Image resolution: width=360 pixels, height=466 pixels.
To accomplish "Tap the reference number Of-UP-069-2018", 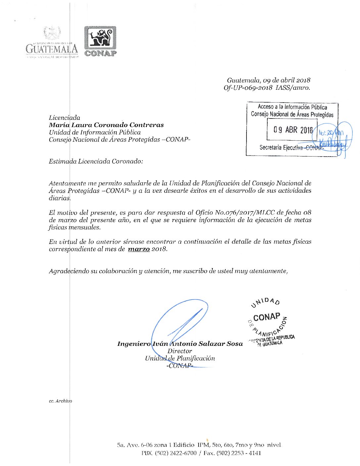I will [x=248, y=88].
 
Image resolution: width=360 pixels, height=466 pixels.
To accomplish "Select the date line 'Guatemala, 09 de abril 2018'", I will [x=268, y=80].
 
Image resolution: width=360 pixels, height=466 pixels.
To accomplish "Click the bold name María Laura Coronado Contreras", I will [x=106, y=125].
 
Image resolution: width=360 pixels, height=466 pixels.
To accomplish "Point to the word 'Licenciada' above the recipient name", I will [x=65, y=117].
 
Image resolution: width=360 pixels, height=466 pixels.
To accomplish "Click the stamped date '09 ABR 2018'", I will [x=293, y=130].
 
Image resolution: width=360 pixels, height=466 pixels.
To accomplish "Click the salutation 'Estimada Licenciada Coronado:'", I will [x=96, y=162].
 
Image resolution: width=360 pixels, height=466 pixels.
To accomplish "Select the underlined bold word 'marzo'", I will [x=139, y=249].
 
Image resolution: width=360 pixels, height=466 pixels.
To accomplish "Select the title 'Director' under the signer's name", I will [x=180, y=351].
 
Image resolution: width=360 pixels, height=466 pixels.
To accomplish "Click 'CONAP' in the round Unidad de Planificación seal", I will [x=267, y=317].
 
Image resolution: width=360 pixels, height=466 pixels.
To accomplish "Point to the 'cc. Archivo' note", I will [x=60, y=401].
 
